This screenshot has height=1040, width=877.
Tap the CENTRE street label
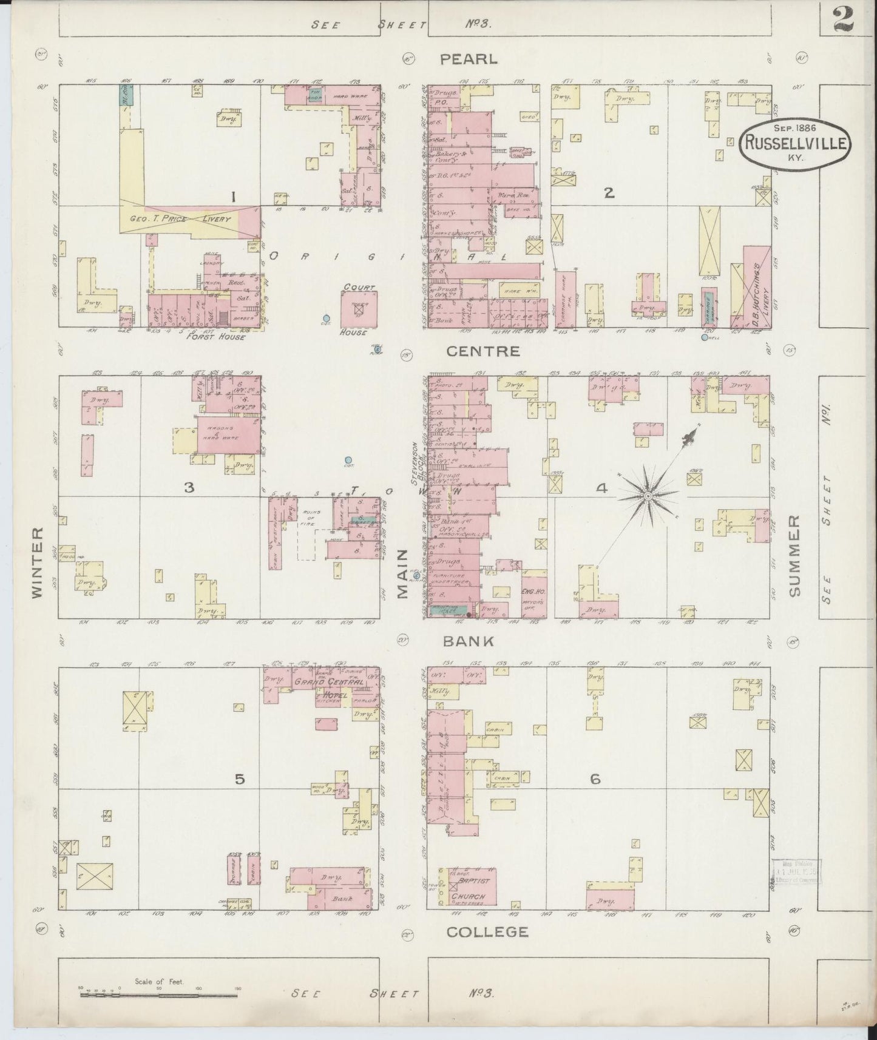click(483, 351)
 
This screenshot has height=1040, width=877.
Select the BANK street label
click(468, 641)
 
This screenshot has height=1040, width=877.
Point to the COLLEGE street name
click(487, 932)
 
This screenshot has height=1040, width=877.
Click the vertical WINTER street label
click(38, 562)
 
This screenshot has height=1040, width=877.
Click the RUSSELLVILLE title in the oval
click(794, 143)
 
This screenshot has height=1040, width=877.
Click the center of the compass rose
click(648, 496)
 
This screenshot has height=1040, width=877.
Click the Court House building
click(359, 309)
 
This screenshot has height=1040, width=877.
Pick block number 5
click(240, 779)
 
